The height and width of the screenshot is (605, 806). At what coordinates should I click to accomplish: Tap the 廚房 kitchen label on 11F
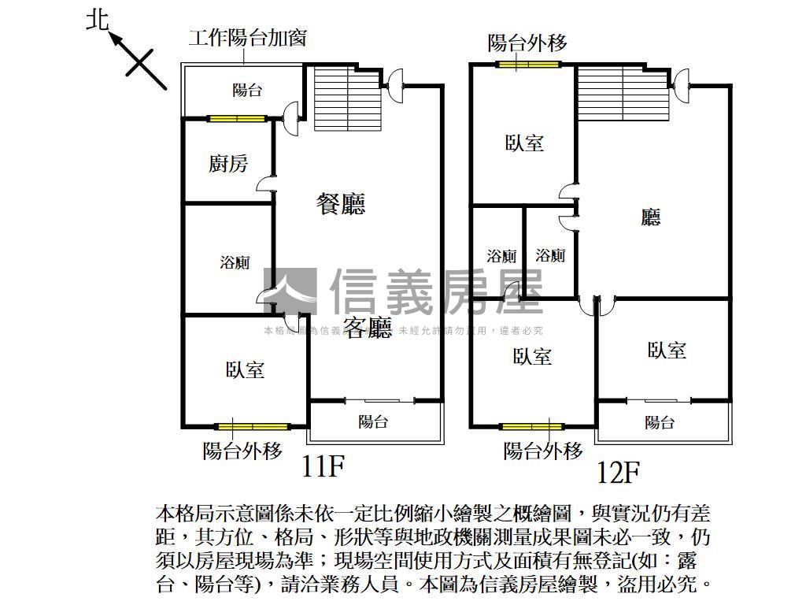(x=228, y=164)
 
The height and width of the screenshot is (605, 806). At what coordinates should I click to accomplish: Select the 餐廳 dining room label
(x=341, y=205)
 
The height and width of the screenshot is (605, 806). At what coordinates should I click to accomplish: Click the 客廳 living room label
(x=368, y=328)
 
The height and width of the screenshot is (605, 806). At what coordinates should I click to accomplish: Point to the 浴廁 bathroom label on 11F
(x=235, y=262)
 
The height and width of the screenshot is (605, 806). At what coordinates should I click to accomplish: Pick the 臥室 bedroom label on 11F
(x=245, y=369)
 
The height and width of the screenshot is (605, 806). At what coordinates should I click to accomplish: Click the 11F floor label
(x=323, y=468)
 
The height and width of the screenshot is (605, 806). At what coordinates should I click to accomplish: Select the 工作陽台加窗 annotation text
(x=247, y=38)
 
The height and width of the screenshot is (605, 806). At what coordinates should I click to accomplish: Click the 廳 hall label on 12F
(x=650, y=217)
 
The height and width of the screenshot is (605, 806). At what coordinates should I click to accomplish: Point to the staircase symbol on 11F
(x=347, y=98)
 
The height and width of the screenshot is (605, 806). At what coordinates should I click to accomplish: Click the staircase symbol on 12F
(x=623, y=93)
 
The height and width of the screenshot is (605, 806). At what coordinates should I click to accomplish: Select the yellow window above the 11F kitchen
(x=236, y=120)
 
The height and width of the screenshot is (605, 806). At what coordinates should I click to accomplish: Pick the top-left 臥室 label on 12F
(x=524, y=143)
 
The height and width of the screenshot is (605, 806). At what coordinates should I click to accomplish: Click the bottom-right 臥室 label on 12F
(x=667, y=351)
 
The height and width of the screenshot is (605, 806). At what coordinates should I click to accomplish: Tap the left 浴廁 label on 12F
(x=501, y=256)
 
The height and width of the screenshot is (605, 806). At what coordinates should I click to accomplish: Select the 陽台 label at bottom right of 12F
(x=660, y=422)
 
